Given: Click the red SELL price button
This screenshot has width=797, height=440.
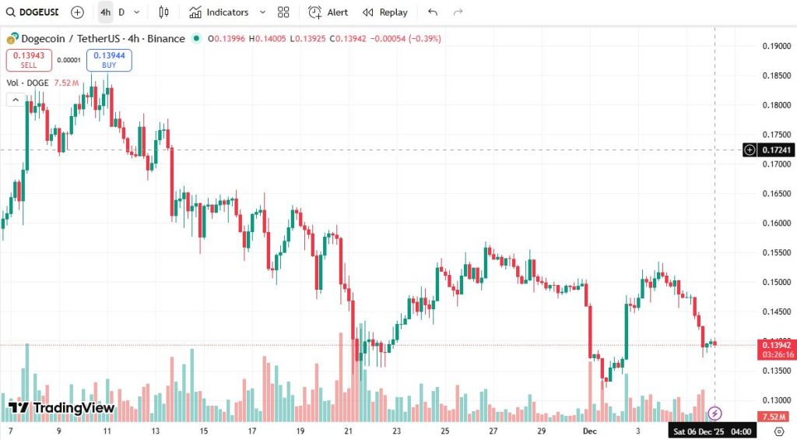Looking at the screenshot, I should pos(29,60).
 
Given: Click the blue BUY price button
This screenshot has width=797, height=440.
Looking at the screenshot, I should pos(109,60).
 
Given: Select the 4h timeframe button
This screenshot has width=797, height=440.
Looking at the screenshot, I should pos(105,12).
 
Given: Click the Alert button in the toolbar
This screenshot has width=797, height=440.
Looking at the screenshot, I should pos(328,12).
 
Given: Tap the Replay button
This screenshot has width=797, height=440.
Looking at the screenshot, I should pos(385,12).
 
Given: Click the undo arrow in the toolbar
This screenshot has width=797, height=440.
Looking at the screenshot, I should pos(433,12).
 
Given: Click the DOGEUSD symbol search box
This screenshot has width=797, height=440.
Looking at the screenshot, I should pos(32,12).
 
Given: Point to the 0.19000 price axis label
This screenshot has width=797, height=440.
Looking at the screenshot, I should pos(777,46).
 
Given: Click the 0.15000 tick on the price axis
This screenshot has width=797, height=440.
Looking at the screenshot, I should pos(777,282).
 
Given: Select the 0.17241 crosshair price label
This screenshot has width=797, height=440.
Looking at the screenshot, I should pos(777,150).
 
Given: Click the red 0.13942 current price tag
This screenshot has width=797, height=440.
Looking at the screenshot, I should pos(777,345).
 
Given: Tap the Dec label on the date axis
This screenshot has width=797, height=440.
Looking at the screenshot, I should pos(589,430).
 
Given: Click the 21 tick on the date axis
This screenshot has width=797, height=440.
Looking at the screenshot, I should pos(349,430).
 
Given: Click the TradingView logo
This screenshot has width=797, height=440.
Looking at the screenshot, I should pos(62,407).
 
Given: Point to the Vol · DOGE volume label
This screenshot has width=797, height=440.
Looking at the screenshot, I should pos(27,83).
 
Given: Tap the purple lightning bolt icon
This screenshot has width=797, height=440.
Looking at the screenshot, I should pos(714,414).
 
